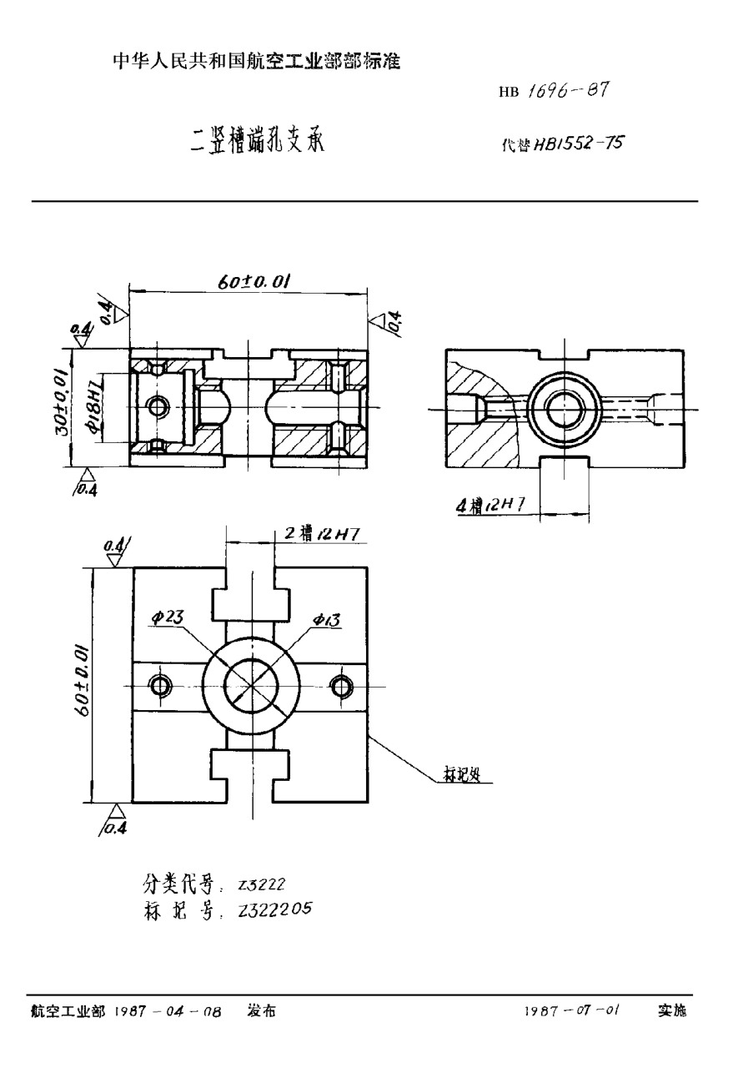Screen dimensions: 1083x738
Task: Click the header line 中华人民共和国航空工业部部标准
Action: (x=257, y=62)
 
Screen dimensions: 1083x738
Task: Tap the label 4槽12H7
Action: (x=489, y=506)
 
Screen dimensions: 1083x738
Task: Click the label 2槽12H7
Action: (x=321, y=535)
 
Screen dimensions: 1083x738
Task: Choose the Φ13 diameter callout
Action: (x=327, y=619)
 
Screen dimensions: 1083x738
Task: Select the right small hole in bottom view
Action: (x=341, y=686)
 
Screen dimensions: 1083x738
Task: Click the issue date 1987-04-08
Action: (x=168, y=1011)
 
